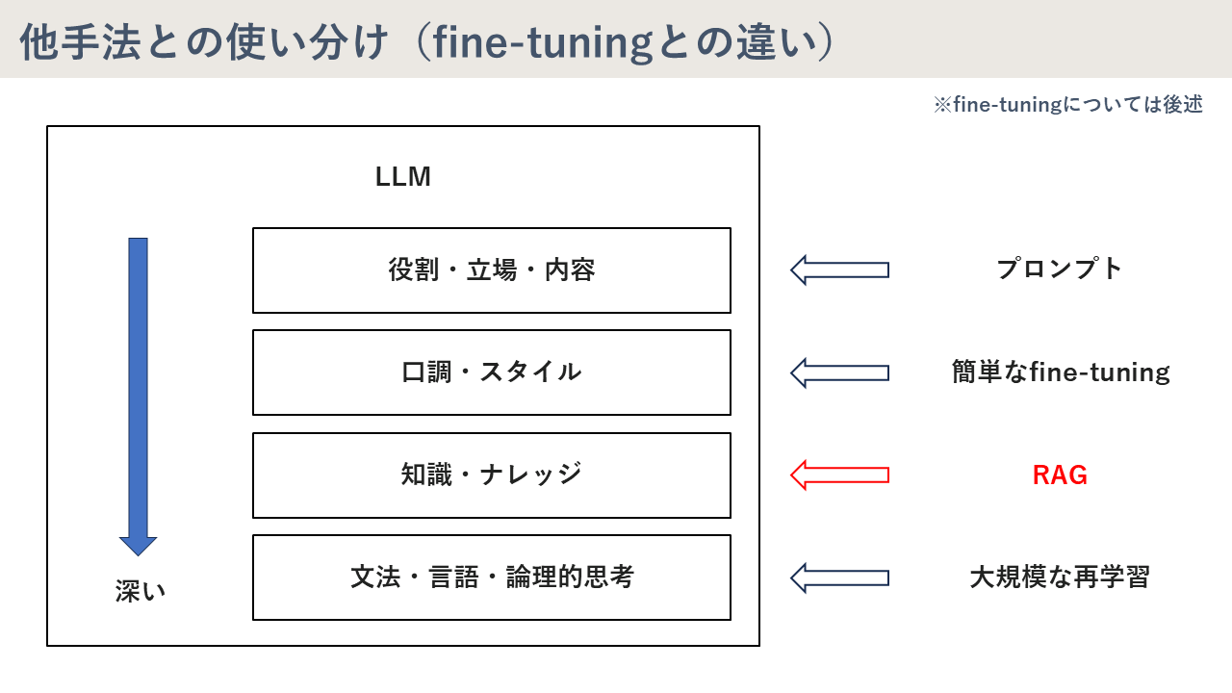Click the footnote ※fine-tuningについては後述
click(1067, 105)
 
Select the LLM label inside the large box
click(402, 177)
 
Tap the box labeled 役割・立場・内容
click(491, 270)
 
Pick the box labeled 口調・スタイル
click(491, 372)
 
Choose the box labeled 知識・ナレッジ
click(491, 475)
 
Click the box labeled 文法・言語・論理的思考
click(491, 577)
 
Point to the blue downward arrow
click(138, 395)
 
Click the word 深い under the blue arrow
click(141, 591)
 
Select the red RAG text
click(1060, 475)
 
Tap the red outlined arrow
click(839, 475)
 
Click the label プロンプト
click(1060, 269)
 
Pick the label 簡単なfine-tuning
click(1061, 372)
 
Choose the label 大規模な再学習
click(1060, 577)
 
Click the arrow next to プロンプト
click(839, 269)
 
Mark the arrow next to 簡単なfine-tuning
click(839, 372)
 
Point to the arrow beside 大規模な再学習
click(839, 577)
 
